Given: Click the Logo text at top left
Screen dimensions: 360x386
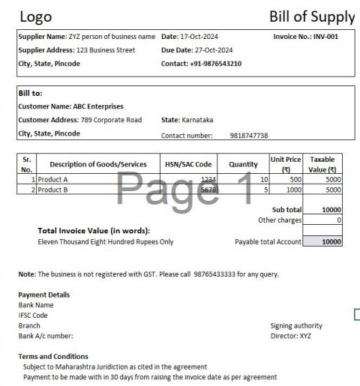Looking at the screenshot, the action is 37,16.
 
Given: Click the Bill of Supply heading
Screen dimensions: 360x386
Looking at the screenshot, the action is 311,16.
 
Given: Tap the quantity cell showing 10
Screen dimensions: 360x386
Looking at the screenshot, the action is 263,180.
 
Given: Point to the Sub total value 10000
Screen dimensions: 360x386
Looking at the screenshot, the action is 330,210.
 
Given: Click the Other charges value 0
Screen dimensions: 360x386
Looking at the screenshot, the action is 338,220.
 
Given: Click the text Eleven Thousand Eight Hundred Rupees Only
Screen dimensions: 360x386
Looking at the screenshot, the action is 105,242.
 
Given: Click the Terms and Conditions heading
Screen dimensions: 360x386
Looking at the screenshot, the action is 53,356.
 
